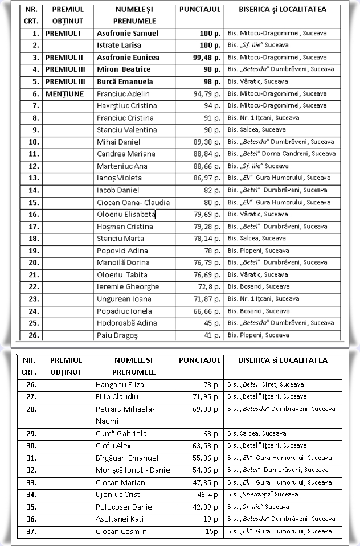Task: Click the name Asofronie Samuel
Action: point(128,33)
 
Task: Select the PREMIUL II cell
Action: point(64,58)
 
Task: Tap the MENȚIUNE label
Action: point(64,93)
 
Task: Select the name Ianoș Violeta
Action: point(119,178)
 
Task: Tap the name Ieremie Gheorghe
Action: point(128,286)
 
